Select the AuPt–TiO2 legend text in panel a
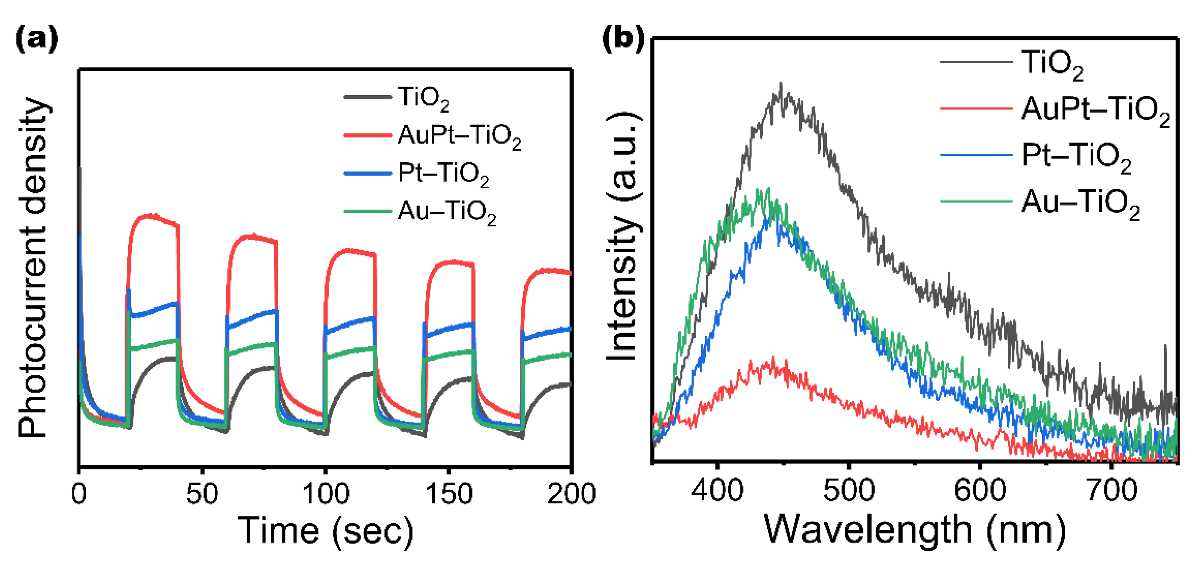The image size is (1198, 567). pos(459,136)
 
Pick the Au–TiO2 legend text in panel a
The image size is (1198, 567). pos(447,212)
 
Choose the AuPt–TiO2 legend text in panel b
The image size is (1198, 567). pos(1095,110)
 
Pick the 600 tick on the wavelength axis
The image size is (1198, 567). pos(980,490)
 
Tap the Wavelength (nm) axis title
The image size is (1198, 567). pos(914,530)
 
